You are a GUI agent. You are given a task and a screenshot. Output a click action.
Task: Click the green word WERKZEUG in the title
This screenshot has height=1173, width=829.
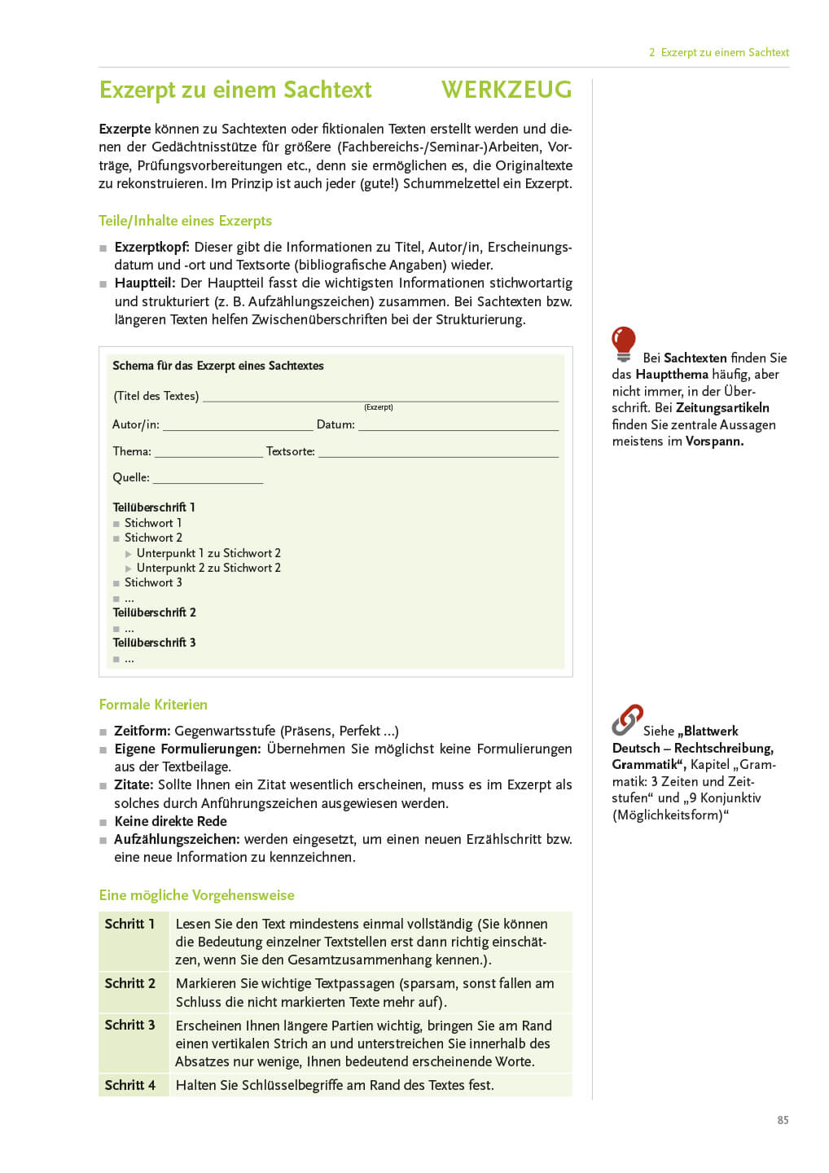[506, 90]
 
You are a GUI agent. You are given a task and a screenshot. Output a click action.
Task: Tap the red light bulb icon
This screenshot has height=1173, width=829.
[624, 343]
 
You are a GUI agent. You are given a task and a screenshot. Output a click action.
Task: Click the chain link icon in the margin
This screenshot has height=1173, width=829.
[627, 719]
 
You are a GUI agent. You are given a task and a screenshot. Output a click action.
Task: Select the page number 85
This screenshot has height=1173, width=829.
[783, 1120]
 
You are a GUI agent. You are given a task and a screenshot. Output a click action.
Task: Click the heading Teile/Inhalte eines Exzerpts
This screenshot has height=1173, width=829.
[185, 221]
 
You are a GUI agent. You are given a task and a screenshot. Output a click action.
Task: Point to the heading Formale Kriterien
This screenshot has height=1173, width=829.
[153, 705]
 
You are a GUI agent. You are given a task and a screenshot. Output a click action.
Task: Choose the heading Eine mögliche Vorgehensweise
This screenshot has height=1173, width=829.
[196, 895]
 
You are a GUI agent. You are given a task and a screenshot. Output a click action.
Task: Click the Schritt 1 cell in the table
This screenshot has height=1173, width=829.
[129, 924]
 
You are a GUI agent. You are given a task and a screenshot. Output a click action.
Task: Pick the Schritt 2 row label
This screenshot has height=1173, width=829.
[129, 983]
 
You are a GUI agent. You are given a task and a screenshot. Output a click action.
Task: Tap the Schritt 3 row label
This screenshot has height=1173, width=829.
[129, 1025]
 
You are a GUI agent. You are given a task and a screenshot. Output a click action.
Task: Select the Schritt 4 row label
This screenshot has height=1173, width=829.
[129, 1085]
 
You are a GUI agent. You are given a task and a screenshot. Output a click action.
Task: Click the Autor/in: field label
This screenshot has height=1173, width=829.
[136, 424]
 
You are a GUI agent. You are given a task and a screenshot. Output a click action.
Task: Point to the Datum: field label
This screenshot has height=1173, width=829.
[336, 424]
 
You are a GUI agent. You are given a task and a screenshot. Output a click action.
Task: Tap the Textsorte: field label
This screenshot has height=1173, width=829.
[291, 451]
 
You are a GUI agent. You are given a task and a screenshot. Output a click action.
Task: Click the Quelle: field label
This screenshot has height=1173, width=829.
[131, 477]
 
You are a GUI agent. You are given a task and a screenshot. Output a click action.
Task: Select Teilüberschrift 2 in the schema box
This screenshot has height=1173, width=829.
[154, 613]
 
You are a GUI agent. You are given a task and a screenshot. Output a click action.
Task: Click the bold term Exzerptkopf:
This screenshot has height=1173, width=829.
[151, 247]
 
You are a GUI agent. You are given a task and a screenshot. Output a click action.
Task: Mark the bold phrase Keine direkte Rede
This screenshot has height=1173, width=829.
[170, 821]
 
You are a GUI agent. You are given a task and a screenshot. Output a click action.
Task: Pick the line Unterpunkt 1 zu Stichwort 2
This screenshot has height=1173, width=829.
[208, 553]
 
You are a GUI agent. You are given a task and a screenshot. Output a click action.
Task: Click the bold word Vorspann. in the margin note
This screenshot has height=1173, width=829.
[714, 442]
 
